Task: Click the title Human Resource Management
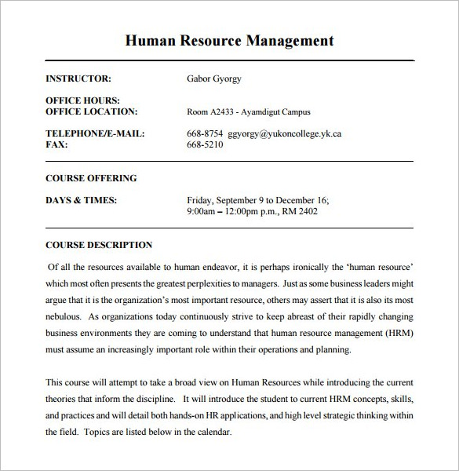[229, 41]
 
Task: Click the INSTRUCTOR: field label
[78, 78]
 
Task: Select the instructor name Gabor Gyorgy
[214, 78]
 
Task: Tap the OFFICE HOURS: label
[82, 100]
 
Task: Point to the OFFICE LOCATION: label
[92, 111]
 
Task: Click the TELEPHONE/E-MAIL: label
[95, 133]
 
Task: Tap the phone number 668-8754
[205, 133]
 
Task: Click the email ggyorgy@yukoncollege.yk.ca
[284, 133]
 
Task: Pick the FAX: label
[56, 144]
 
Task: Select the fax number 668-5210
[205, 144]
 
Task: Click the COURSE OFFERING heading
[91, 178]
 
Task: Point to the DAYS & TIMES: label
[82, 200]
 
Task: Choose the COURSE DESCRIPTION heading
[99, 245]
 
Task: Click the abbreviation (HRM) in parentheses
[396, 332]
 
